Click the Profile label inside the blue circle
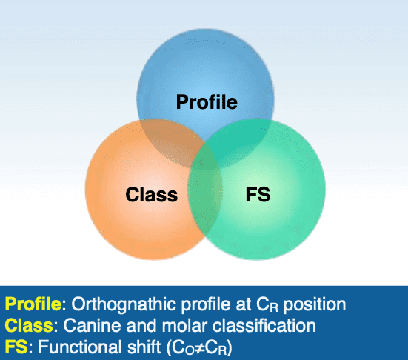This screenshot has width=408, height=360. (207, 102)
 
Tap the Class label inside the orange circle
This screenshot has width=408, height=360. (152, 195)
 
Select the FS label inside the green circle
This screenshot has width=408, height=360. (258, 194)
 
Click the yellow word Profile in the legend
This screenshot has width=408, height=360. (33, 304)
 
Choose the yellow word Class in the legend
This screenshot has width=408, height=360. (29, 325)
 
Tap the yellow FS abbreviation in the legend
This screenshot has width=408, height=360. (16, 347)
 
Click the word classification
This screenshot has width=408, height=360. (264, 325)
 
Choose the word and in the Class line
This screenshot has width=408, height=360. (141, 326)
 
